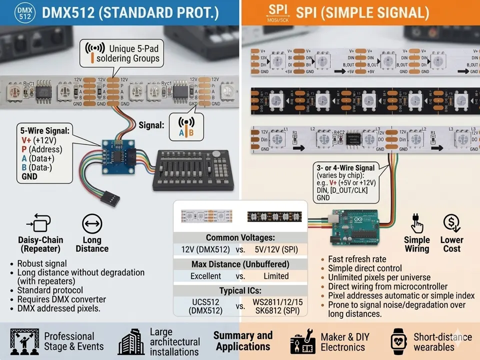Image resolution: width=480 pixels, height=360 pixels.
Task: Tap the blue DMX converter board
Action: [x=117, y=155]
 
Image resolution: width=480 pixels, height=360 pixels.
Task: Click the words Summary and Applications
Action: [x=243, y=340]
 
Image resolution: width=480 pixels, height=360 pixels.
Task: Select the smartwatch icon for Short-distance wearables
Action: [x=398, y=341]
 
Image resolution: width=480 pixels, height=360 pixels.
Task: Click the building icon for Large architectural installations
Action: [x=131, y=342]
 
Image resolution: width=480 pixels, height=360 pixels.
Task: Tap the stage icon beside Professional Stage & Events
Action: [x=24, y=342]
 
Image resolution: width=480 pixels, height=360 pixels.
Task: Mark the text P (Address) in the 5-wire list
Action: [x=42, y=149]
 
